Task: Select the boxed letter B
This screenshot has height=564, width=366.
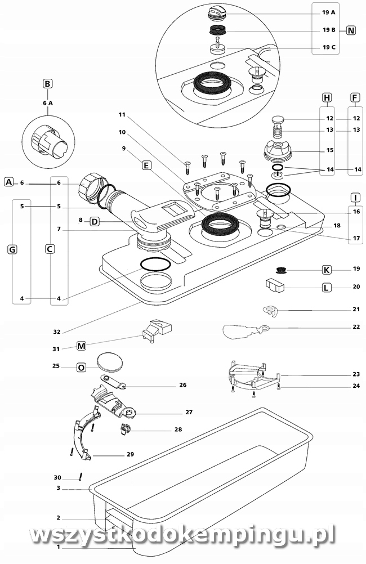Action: tap(48, 84)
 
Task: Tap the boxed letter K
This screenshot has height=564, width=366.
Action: tap(326, 270)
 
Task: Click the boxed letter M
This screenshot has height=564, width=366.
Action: tap(81, 345)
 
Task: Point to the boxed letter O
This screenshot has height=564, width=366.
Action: tap(81, 368)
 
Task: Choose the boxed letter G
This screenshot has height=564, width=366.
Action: tap(12, 249)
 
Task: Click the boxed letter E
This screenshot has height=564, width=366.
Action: tap(146, 166)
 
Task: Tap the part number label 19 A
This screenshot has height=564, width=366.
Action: tap(329, 12)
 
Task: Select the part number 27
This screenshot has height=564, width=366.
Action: tap(189, 412)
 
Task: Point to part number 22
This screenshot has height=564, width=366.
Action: tap(356, 327)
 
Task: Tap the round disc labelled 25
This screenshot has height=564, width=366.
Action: tap(109, 362)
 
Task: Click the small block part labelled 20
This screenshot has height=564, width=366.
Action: tap(275, 285)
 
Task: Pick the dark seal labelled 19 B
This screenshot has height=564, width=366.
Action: tap(217, 30)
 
